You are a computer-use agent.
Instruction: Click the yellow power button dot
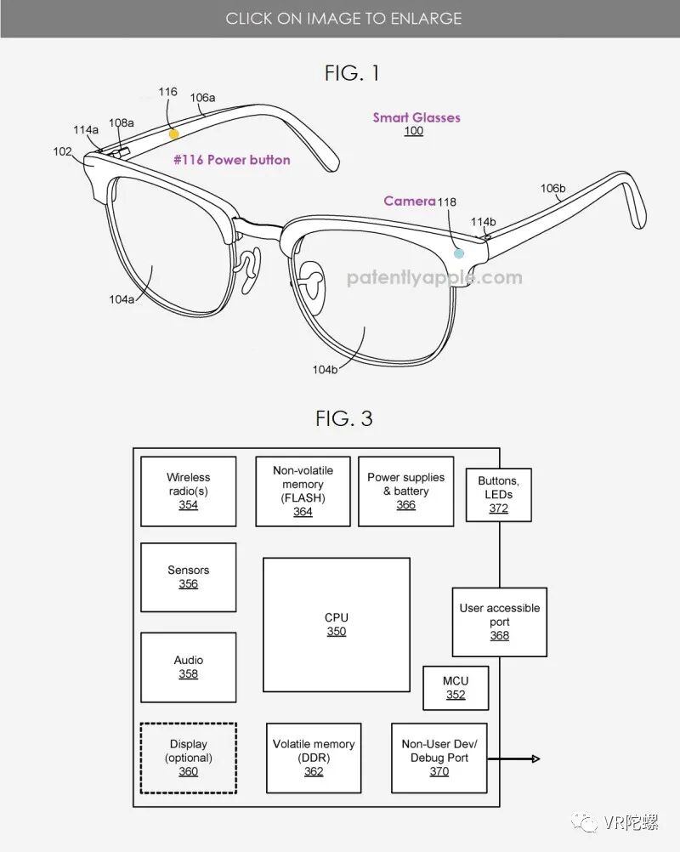point(173,133)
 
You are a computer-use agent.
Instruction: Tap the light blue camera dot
point(459,253)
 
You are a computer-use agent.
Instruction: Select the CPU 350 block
point(337,624)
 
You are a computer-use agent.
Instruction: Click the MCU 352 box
point(456,687)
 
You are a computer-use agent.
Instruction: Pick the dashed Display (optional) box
point(188,758)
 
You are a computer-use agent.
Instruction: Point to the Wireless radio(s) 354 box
point(188,491)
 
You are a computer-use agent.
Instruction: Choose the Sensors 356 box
point(188,577)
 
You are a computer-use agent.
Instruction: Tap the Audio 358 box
point(188,667)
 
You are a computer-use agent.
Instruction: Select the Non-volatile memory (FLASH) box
point(303,491)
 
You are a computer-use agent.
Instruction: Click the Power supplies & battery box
point(405,491)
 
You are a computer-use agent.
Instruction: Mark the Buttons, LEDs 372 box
point(498,494)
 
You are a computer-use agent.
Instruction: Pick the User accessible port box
point(499,622)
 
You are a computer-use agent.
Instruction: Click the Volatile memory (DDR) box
point(314,758)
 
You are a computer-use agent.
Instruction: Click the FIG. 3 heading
point(344,418)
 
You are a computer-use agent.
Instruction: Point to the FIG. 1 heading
point(352,73)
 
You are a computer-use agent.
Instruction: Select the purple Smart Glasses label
point(416,117)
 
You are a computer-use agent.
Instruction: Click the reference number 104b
point(325,369)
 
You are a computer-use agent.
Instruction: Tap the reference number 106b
point(553,188)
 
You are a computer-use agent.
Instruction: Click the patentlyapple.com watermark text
point(434,277)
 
